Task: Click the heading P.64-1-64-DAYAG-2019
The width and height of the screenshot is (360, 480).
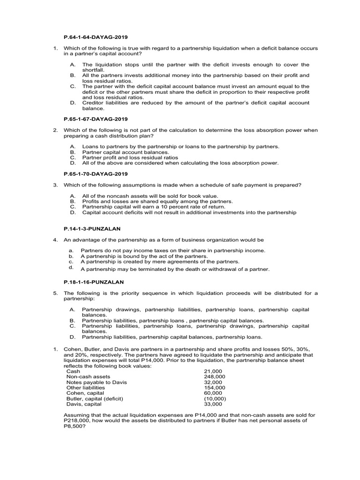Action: click(95, 36)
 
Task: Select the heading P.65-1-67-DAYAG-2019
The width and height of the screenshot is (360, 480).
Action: click(95, 119)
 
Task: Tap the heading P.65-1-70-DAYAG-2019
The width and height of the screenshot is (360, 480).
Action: click(95, 174)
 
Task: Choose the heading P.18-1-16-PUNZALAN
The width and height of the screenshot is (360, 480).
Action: click(94, 282)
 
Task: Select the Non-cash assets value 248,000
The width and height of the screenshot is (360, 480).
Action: click(215, 376)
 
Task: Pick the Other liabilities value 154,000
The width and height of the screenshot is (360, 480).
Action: click(215, 388)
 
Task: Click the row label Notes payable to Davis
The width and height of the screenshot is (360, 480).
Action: click(97, 382)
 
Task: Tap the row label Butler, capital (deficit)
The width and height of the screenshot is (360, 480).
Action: click(95, 398)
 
